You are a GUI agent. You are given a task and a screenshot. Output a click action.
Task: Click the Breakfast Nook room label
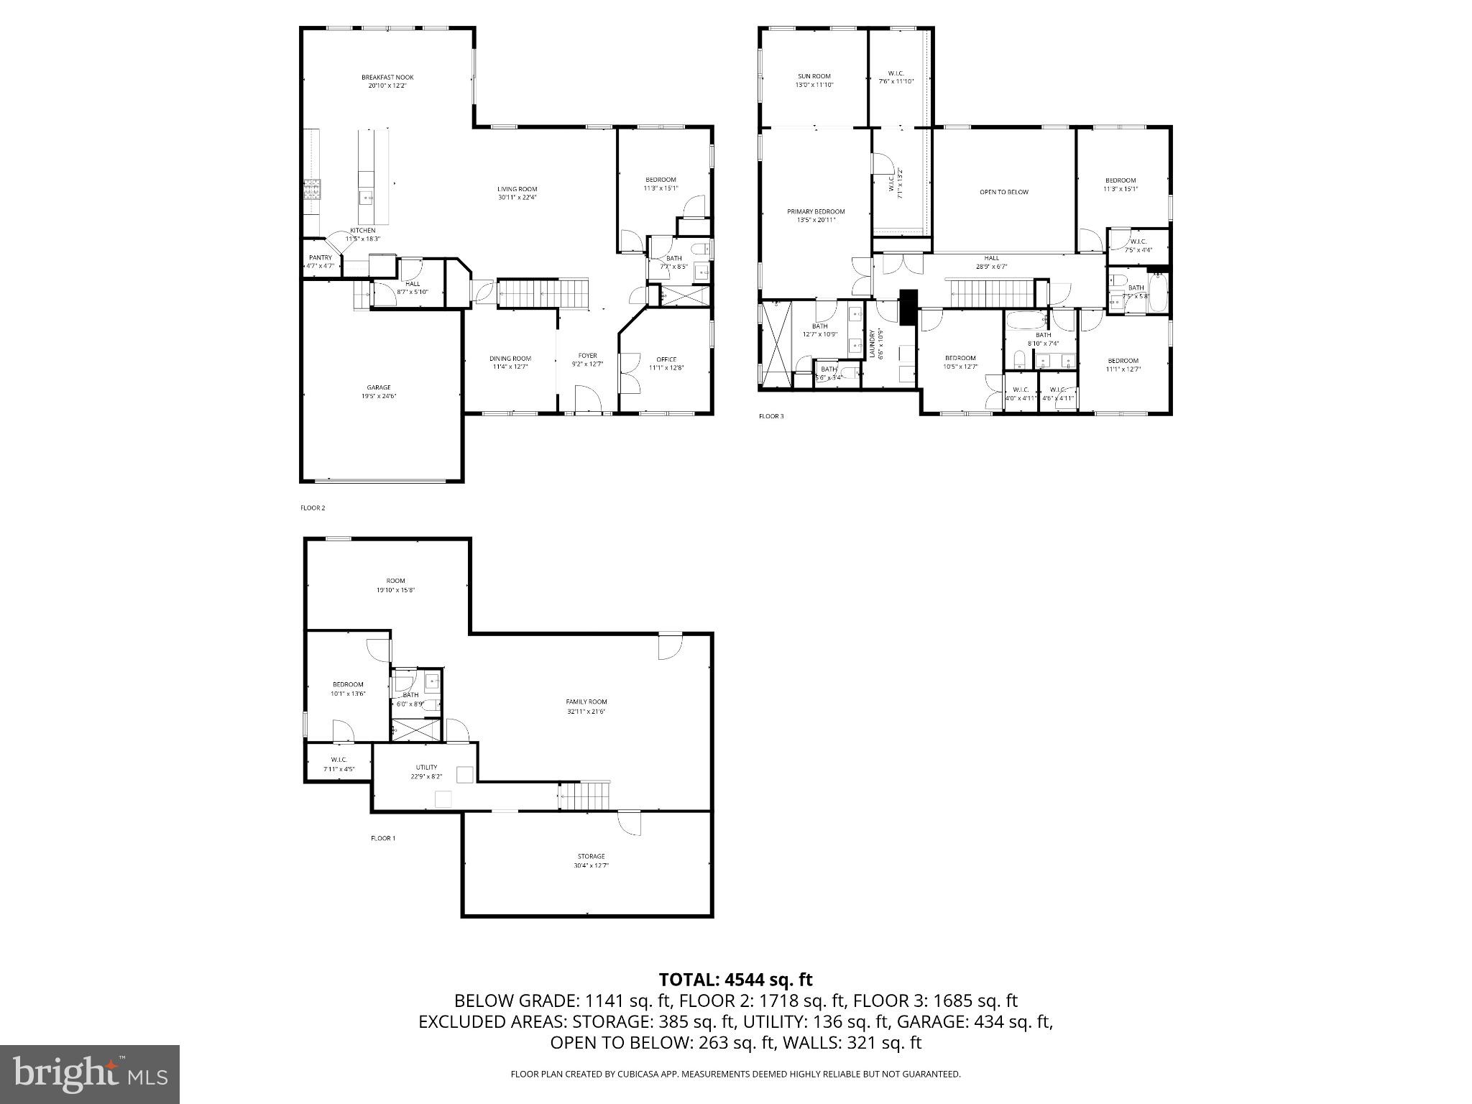click(x=387, y=77)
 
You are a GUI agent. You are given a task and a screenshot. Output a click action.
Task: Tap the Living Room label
click(x=517, y=189)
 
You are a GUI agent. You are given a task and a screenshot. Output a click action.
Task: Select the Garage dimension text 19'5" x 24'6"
click(x=379, y=396)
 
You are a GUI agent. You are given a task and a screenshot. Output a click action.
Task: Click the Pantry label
click(x=320, y=257)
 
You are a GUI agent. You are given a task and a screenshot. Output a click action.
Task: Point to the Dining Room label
click(x=510, y=359)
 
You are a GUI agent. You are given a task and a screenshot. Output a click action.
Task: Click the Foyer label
click(x=587, y=355)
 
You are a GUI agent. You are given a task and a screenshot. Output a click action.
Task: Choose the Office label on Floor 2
click(x=666, y=359)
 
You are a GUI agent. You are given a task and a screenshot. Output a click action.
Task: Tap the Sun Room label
click(x=814, y=76)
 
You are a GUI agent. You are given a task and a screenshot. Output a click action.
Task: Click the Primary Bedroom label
click(x=816, y=211)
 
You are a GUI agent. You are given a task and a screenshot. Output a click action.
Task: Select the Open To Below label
click(x=1004, y=192)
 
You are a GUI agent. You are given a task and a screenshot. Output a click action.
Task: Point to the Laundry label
click(x=872, y=344)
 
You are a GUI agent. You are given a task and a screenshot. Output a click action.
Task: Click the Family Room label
click(x=586, y=701)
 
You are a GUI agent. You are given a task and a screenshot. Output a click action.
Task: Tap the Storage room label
click(x=591, y=856)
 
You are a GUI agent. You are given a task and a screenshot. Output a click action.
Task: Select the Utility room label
click(x=426, y=767)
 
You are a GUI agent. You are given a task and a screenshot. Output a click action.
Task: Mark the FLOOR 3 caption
click(x=771, y=416)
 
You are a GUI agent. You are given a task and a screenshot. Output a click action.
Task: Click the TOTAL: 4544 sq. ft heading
click(x=735, y=980)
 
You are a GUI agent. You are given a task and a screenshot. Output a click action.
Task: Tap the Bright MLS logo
click(x=90, y=1075)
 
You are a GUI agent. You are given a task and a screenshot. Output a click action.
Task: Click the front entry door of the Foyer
click(x=587, y=400)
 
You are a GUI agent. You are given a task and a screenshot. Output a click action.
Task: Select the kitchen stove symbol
click(x=312, y=189)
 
